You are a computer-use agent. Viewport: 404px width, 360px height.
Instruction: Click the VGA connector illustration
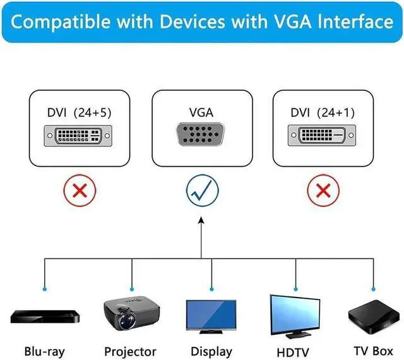point(201,135)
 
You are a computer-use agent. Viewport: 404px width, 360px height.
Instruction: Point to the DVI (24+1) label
point(323,113)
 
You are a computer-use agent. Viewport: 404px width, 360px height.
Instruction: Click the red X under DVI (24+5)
point(79,190)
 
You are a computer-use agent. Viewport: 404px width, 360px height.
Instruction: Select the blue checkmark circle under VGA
point(201,190)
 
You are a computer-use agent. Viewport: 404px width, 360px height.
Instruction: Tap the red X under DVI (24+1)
point(323,190)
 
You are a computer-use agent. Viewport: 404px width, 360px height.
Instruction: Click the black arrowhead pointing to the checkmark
point(201,221)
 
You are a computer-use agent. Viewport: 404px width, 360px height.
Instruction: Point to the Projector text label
point(130,351)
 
